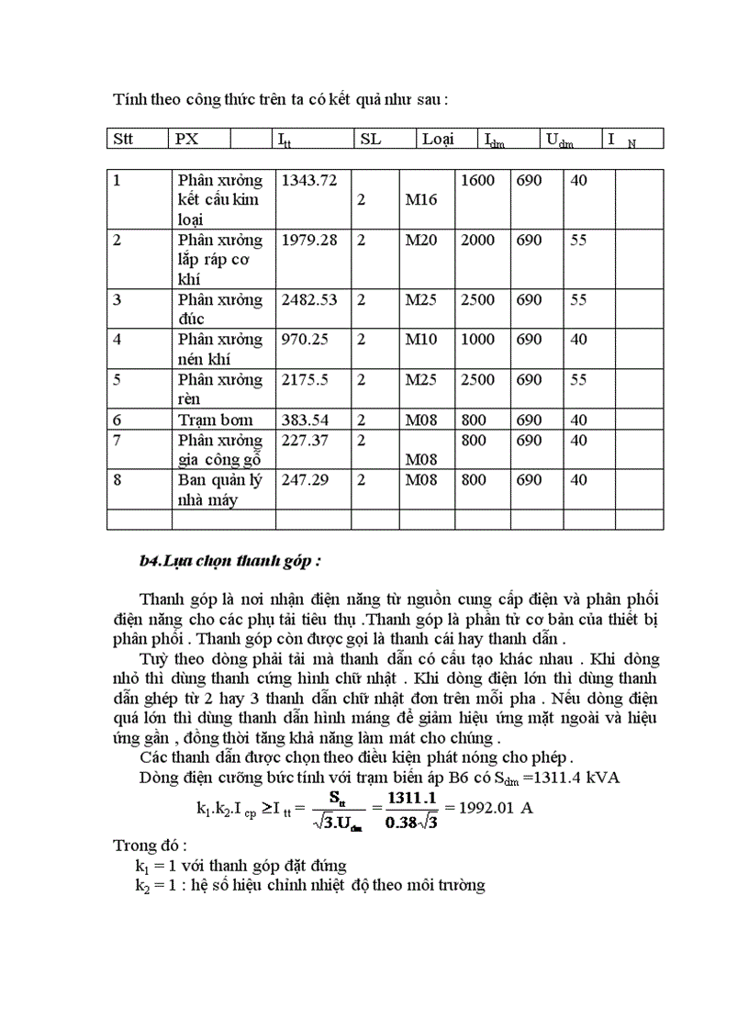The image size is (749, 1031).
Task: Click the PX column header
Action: click(186, 140)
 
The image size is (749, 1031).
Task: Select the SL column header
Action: click(370, 140)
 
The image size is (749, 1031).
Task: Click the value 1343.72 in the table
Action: click(307, 180)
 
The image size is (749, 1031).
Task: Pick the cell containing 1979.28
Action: click(307, 240)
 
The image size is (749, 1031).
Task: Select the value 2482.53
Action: click(307, 299)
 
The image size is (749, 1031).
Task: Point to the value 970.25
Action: click(302, 340)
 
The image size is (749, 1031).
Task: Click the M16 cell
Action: click(422, 199)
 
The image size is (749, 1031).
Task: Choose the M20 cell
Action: click(422, 240)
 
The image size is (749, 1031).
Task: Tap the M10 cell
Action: click(422, 340)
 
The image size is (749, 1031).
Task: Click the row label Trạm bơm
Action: click(216, 420)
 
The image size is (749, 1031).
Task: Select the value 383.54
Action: click(302, 420)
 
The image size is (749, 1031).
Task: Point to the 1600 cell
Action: click(477, 180)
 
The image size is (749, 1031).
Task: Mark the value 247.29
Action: click(302, 479)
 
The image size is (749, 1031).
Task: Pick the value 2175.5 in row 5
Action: click(303, 379)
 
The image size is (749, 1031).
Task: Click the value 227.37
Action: click(302, 440)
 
